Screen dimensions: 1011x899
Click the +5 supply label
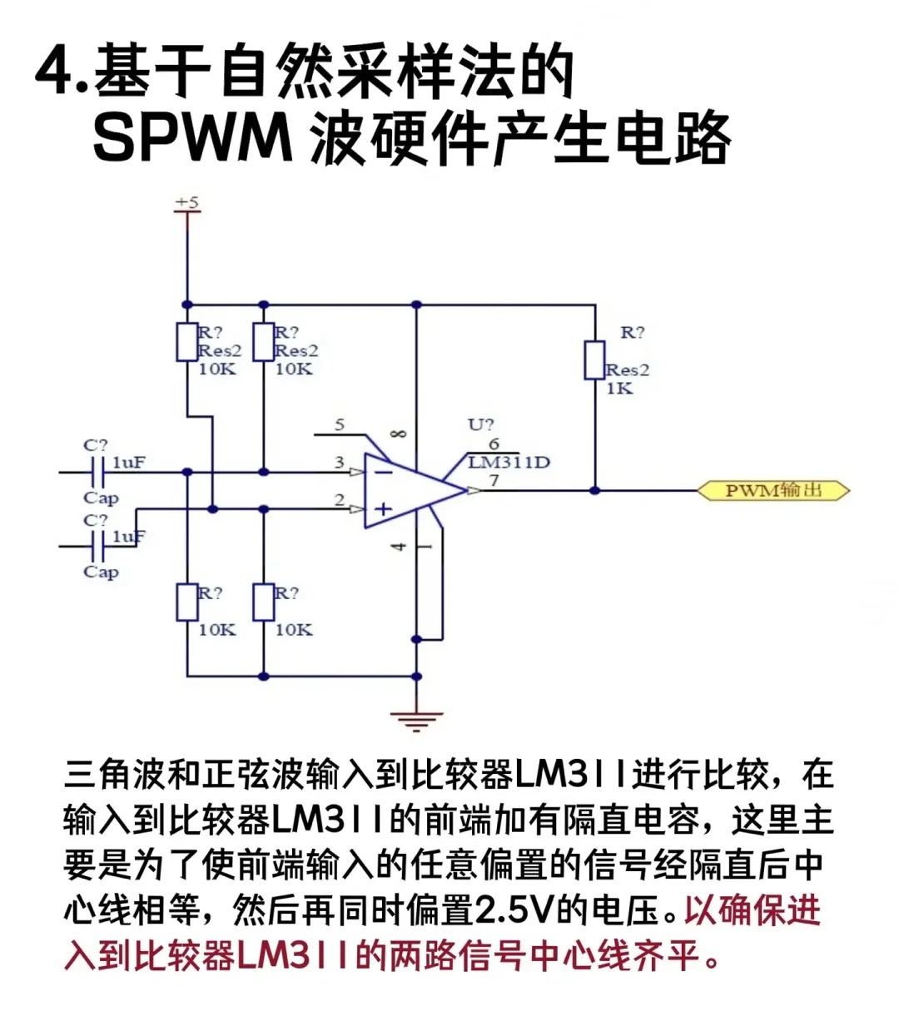point(187,202)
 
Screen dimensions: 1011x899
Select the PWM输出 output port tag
point(773,490)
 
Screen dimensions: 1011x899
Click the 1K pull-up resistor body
point(594,359)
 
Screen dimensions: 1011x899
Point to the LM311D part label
point(509,463)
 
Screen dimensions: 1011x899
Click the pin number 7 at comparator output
point(494,480)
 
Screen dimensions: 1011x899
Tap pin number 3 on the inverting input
point(340,463)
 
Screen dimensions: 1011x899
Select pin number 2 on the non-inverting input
point(340,499)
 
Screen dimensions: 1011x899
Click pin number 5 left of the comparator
point(340,425)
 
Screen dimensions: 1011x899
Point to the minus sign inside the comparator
point(383,472)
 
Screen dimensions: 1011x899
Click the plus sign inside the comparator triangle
point(383,508)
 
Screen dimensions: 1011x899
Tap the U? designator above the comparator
point(480,424)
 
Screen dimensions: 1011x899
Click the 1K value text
point(618,389)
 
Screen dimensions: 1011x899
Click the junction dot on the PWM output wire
point(594,490)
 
